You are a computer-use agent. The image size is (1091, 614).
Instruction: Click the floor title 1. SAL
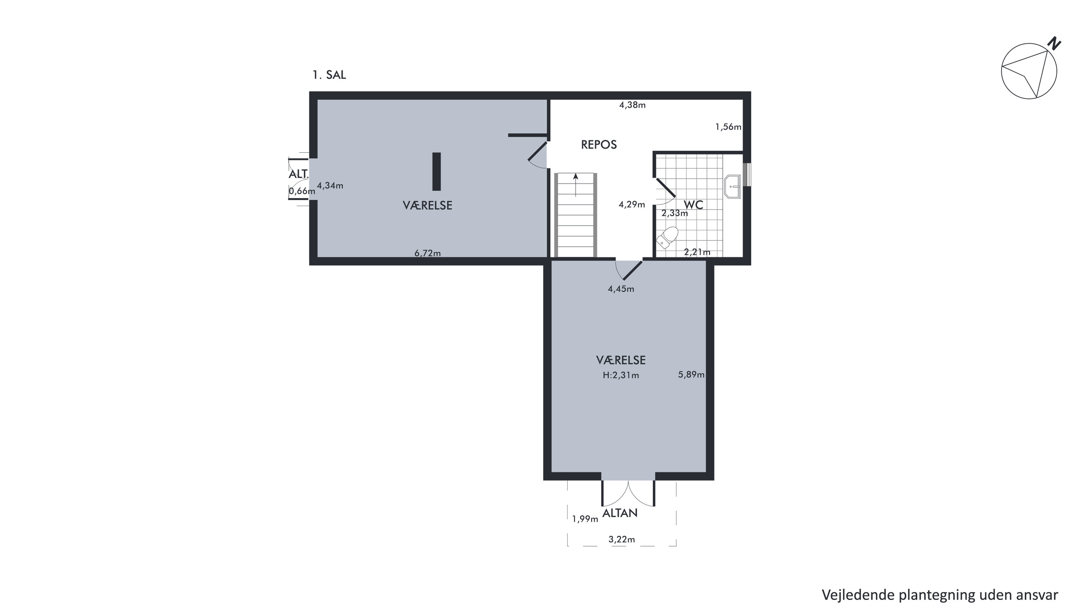coord(329,75)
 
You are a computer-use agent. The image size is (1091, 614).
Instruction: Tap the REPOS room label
coord(599,145)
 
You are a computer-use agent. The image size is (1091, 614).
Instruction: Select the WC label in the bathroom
coord(693,205)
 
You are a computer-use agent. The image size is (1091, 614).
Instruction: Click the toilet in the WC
coord(667,237)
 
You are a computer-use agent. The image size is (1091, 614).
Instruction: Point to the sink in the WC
coord(732,187)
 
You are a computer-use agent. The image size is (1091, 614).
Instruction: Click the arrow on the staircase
coord(576,185)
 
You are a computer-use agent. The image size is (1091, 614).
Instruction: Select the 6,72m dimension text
coord(427,253)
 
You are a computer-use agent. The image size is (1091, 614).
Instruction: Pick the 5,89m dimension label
coord(691,374)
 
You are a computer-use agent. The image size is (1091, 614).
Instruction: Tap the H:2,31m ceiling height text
coord(621,375)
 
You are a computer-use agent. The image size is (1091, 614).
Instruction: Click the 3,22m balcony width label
coord(622,539)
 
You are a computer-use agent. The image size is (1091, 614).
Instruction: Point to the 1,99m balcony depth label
coord(585,519)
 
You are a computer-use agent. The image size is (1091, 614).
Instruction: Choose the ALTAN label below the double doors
coord(620,513)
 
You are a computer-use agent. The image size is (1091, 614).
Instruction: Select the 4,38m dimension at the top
coord(632,105)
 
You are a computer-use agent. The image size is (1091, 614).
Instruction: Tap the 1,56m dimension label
coord(728,127)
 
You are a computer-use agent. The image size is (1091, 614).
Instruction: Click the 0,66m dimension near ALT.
coord(302,191)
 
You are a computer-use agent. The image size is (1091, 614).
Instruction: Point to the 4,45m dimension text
coord(621,289)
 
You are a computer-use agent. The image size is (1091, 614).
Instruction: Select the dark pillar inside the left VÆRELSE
coord(436,171)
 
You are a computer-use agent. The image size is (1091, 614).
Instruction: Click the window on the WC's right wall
coord(748,175)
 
